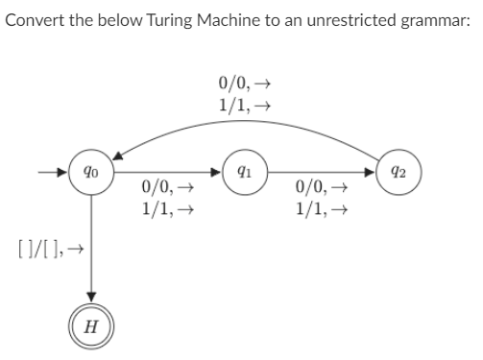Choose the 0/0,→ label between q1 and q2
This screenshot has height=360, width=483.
317,190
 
